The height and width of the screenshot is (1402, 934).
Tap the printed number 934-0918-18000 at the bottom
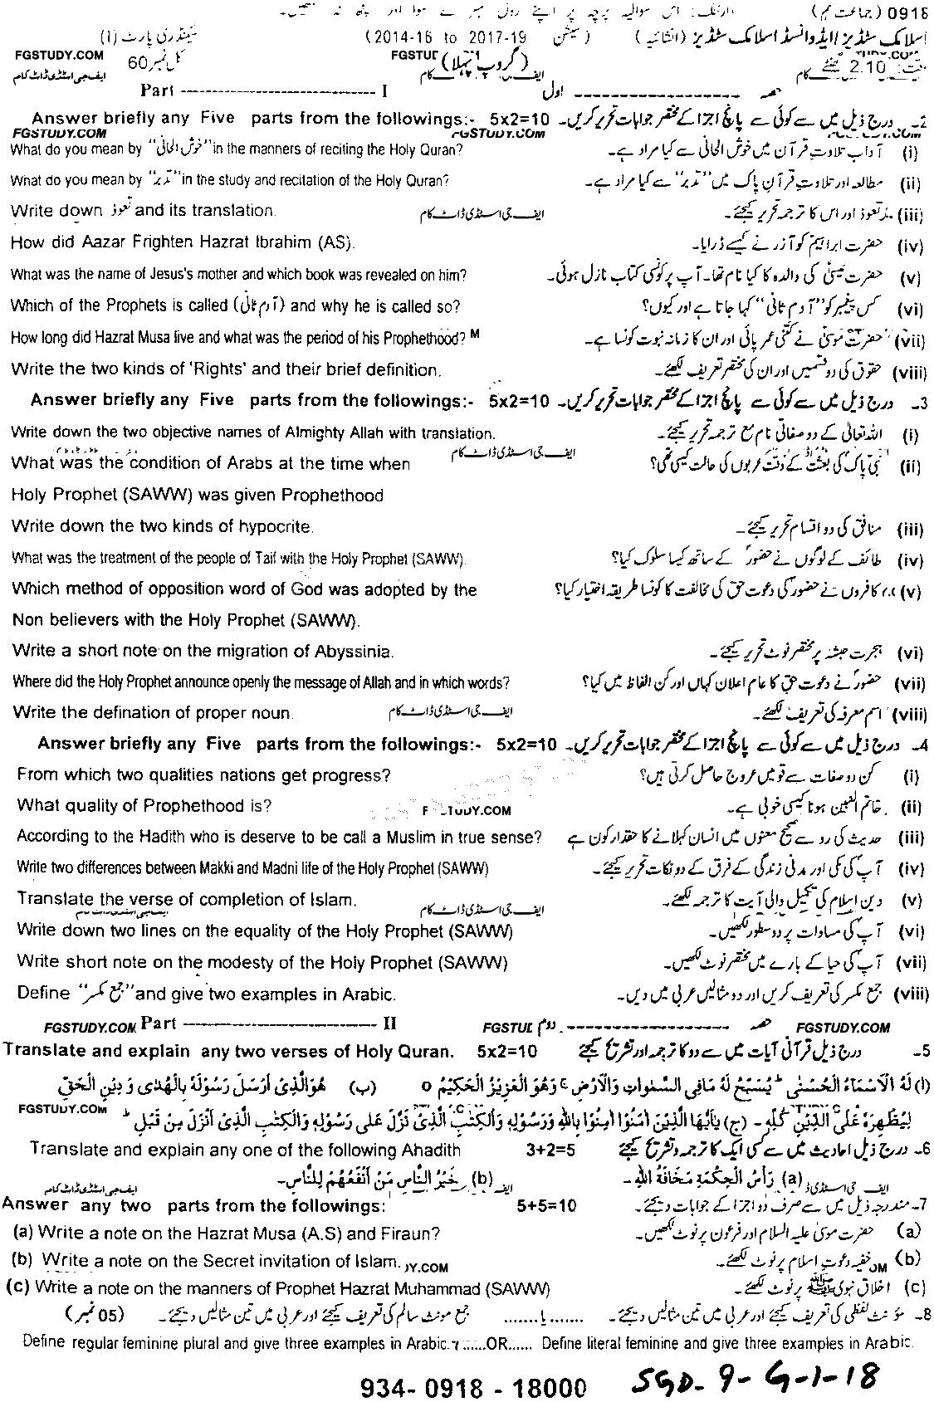click(x=473, y=1386)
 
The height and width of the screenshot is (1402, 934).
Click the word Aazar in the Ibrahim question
click(x=104, y=242)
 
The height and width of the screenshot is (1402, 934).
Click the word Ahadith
click(x=428, y=1149)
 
